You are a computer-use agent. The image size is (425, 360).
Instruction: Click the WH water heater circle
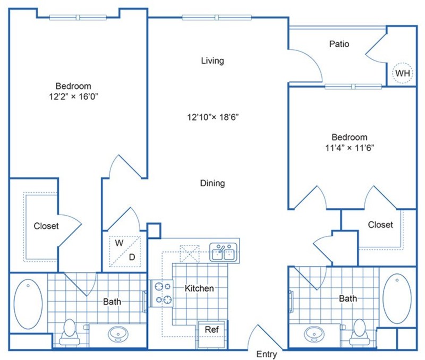point(402,73)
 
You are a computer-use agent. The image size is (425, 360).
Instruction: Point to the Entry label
point(266,354)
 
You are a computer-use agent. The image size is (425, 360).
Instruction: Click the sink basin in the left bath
point(117,335)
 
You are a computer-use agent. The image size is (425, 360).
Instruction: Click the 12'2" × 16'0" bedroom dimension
point(73,96)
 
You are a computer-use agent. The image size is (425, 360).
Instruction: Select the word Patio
point(339,44)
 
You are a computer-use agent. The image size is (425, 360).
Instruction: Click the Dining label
point(212,183)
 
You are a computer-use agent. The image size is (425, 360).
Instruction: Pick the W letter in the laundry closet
point(120,242)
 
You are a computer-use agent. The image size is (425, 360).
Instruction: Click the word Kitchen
point(199,288)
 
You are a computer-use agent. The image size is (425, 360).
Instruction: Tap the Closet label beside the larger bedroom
point(46,226)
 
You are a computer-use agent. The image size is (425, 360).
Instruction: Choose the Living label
point(212,61)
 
